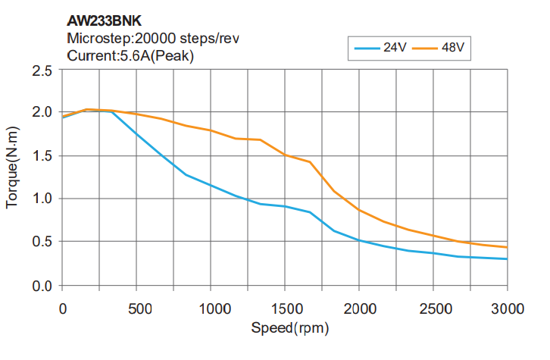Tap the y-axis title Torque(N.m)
tap(13, 178)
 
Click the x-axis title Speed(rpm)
tap(290, 329)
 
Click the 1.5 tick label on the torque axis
tap(42, 156)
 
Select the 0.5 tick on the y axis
tap(42, 243)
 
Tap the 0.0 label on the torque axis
tap(42, 286)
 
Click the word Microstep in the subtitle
tap(97, 39)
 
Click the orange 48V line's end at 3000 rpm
tap(507, 247)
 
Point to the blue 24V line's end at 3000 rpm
tap(507, 258)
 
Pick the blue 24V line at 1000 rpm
tap(210, 185)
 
